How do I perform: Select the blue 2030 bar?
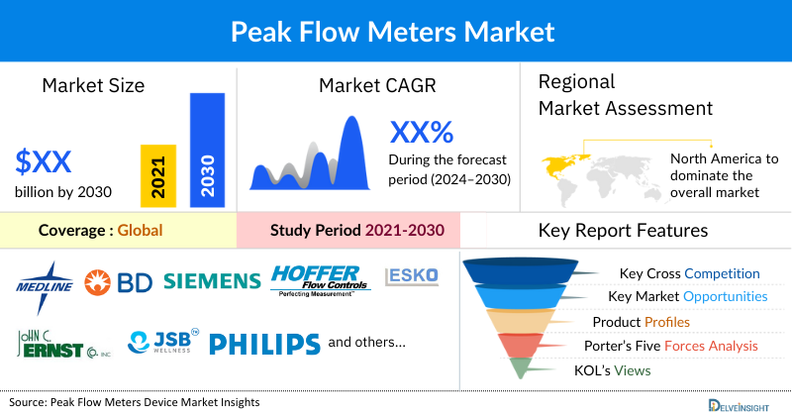(x=207, y=150)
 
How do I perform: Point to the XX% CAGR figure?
(x=421, y=132)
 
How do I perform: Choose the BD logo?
(x=118, y=282)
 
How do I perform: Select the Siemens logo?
(x=211, y=281)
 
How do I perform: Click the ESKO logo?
(x=411, y=274)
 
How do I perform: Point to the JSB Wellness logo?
(x=164, y=343)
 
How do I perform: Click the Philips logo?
(x=264, y=344)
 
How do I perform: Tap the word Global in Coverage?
(x=140, y=231)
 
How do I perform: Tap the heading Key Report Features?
(x=623, y=231)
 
